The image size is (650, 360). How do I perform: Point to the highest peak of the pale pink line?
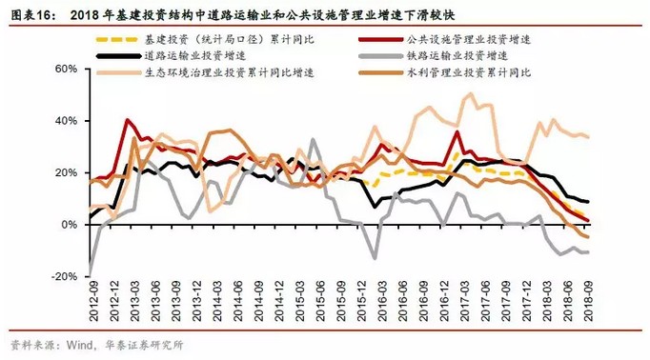click(x=468, y=93)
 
